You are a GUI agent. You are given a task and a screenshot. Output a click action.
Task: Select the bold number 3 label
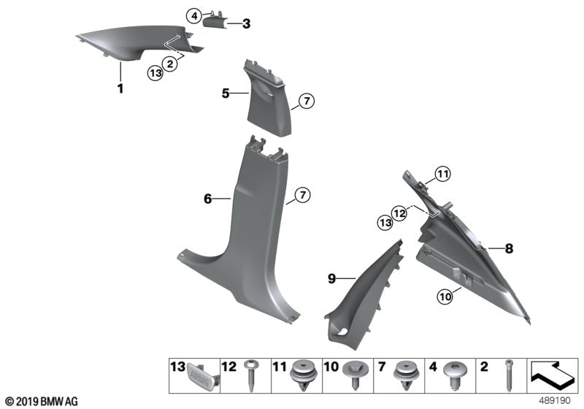click(246, 24)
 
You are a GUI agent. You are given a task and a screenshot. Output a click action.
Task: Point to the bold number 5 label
click(226, 93)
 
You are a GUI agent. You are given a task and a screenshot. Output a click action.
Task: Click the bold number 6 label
click(207, 198)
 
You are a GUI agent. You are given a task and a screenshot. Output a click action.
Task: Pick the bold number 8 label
click(509, 249)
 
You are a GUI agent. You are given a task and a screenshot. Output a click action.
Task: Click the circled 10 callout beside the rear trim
click(445, 296)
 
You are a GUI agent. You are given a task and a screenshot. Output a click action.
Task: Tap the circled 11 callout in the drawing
click(445, 173)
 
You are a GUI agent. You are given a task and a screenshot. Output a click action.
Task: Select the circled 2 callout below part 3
click(169, 64)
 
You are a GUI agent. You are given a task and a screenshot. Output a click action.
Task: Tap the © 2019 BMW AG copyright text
click(41, 402)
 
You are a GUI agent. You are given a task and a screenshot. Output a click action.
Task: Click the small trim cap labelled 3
click(216, 21)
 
